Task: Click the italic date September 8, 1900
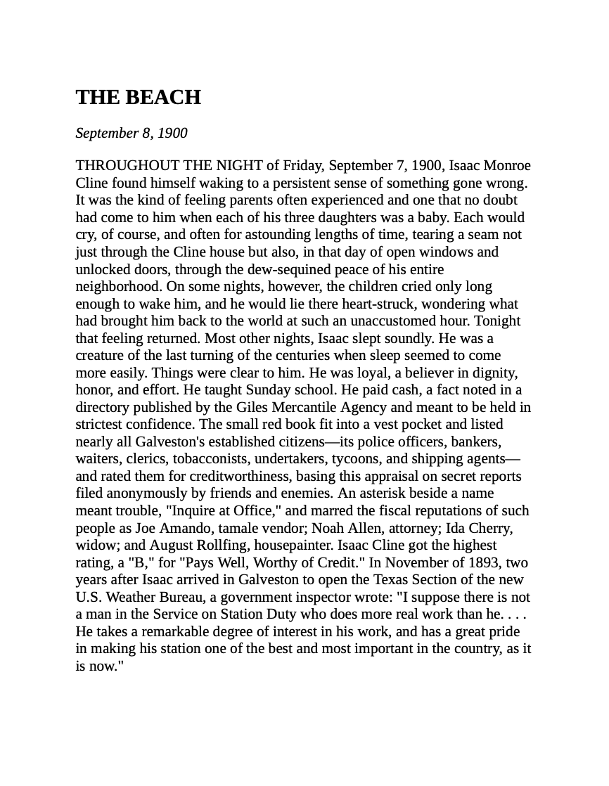pos(132,134)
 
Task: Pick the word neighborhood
pos(118,287)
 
